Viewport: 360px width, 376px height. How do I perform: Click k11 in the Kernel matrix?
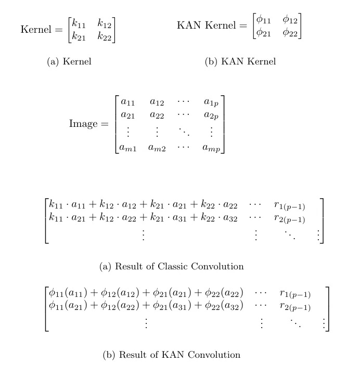(x=79, y=23)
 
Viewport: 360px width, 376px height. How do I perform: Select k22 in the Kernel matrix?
(x=105, y=36)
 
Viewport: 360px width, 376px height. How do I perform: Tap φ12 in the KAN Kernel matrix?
(x=290, y=20)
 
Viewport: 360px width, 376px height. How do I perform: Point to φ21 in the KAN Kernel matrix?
(x=264, y=33)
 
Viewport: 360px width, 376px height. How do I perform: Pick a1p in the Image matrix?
(x=211, y=102)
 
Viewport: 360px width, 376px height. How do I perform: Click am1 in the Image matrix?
(x=128, y=148)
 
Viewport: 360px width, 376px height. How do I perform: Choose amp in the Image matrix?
(x=211, y=148)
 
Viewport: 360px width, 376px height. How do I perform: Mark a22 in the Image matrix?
(x=157, y=115)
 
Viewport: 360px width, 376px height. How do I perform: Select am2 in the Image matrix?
(x=157, y=148)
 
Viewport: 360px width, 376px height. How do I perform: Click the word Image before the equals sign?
(x=83, y=124)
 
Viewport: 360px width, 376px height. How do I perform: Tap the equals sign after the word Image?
(x=105, y=124)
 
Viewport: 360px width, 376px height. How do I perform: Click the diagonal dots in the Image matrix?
(x=184, y=132)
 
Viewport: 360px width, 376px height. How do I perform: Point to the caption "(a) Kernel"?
(x=69, y=62)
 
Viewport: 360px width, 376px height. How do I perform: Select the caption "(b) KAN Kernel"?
(x=240, y=62)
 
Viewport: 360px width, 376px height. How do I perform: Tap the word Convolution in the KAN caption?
(x=214, y=355)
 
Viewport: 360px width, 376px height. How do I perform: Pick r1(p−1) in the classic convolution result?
(x=289, y=206)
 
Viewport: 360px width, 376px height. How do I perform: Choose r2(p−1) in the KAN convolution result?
(x=295, y=307)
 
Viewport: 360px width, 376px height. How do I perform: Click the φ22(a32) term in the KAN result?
(x=224, y=306)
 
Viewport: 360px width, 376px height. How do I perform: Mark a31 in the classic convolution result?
(x=179, y=218)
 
